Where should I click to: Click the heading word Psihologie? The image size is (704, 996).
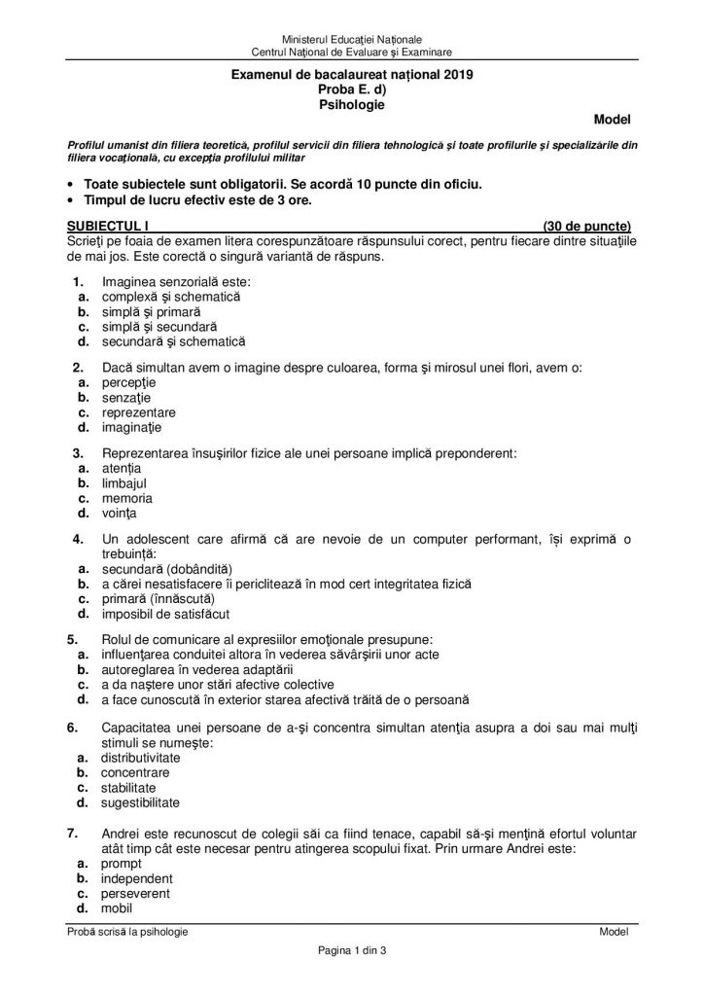point(351,102)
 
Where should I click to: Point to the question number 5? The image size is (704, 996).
point(72,639)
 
